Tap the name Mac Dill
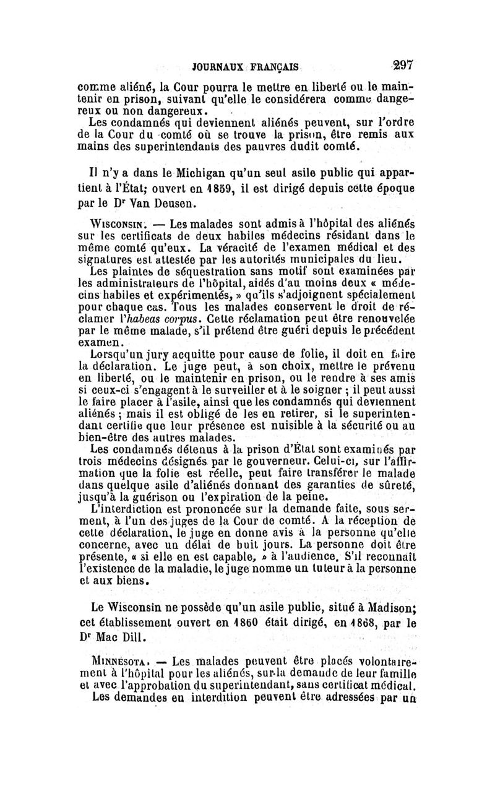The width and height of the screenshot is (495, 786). point(137,637)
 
